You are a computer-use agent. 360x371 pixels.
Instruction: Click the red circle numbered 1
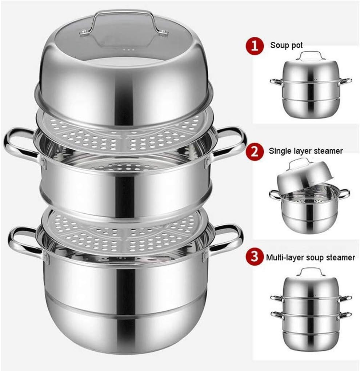255,46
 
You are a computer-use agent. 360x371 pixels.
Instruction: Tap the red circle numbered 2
255,151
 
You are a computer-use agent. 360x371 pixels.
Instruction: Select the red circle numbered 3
255,257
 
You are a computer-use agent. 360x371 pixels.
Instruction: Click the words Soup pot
286,45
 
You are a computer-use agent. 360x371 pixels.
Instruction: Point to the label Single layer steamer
306,151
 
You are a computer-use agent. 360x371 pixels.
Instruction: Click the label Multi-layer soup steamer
311,257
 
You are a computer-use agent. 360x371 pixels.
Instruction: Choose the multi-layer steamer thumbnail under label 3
311,309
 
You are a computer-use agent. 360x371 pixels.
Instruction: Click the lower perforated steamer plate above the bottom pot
125,232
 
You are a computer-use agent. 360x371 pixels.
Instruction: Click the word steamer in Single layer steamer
329,151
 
